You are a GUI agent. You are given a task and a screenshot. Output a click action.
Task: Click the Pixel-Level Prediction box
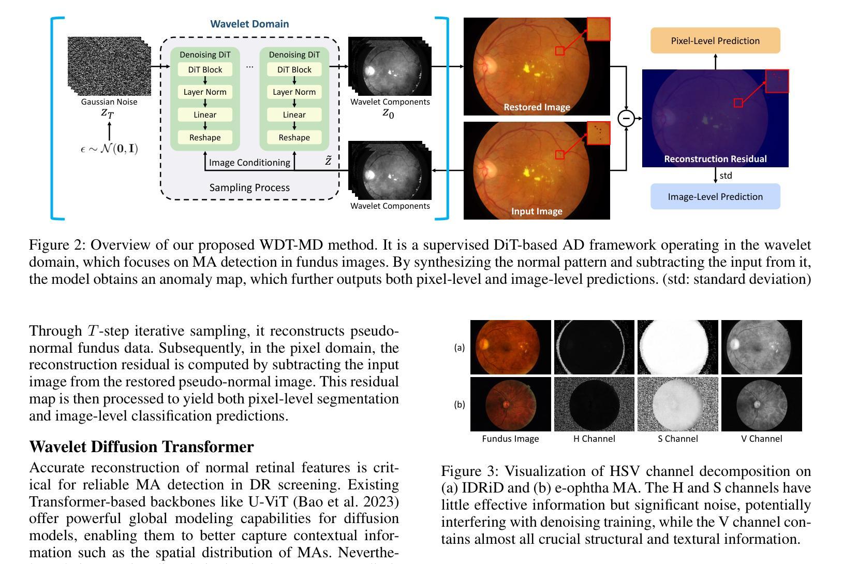(x=715, y=41)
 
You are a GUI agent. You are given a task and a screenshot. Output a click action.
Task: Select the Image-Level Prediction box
(x=715, y=197)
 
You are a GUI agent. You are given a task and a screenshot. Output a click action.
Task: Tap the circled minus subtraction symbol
(x=626, y=118)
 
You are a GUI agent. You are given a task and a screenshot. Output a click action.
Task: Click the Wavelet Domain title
(x=249, y=24)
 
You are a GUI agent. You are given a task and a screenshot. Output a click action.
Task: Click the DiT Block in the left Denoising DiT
(x=205, y=70)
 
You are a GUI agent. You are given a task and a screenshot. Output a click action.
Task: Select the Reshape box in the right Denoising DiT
(x=294, y=138)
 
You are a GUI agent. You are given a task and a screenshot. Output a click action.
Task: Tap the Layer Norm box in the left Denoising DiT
(x=205, y=92)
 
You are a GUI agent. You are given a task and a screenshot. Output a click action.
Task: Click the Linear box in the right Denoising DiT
(x=294, y=115)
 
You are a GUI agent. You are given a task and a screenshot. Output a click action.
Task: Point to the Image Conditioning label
(x=249, y=163)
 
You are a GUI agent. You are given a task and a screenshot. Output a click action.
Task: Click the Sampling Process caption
(x=249, y=187)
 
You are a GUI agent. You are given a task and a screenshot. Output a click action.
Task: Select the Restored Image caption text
(x=537, y=107)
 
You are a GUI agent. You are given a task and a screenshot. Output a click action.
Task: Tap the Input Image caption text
(x=537, y=211)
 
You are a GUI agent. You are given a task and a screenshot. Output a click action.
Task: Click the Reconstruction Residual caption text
(x=715, y=159)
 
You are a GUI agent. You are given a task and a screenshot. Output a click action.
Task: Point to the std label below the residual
(x=726, y=176)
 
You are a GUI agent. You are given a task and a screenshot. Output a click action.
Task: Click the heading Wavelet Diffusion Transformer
(x=141, y=447)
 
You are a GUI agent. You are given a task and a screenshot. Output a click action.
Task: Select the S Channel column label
(x=678, y=439)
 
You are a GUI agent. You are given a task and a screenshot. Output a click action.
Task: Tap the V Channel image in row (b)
(x=761, y=404)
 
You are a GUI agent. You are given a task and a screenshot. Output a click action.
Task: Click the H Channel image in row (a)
(x=594, y=347)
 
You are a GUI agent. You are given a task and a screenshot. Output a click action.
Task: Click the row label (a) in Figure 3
(x=459, y=348)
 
